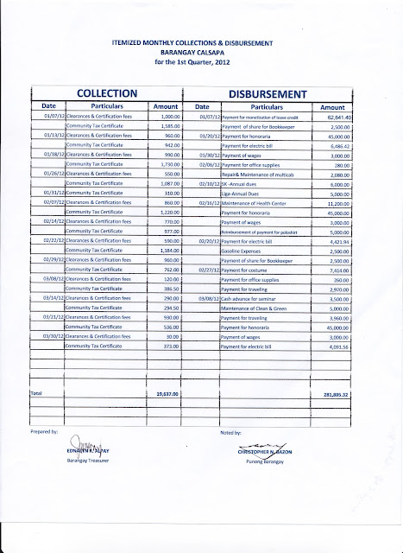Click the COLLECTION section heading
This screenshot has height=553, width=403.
pyautogui.click(x=107, y=90)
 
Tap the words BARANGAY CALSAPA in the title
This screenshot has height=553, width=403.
pyautogui.click(x=203, y=51)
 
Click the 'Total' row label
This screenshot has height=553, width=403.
pyautogui.click(x=36, y=394)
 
